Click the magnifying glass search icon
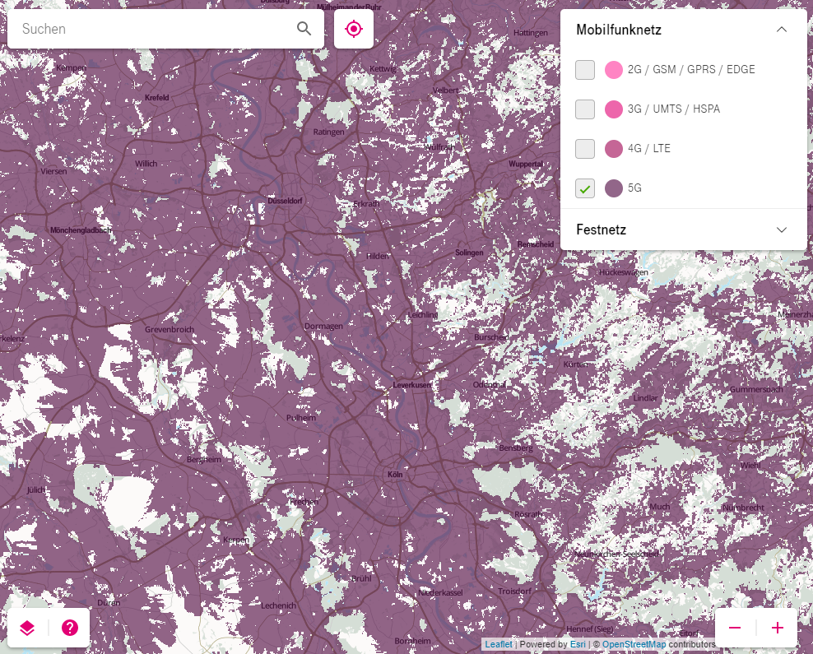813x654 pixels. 304,29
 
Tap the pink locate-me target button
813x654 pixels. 354,29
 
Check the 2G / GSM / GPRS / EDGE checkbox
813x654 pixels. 585,70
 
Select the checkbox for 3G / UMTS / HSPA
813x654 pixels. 585,109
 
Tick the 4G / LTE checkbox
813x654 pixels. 585,149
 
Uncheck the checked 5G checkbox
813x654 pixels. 585,188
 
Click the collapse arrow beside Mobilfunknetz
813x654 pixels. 782,30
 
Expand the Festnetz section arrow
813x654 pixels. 782,230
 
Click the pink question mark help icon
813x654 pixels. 70,628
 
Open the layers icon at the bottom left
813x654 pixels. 27,628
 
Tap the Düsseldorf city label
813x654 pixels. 285,201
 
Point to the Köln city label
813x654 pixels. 394,475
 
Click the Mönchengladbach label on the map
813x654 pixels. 80,230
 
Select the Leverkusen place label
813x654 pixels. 411,384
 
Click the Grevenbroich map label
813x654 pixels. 169,329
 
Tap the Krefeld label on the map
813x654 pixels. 156,97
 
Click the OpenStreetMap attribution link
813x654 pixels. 634,644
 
